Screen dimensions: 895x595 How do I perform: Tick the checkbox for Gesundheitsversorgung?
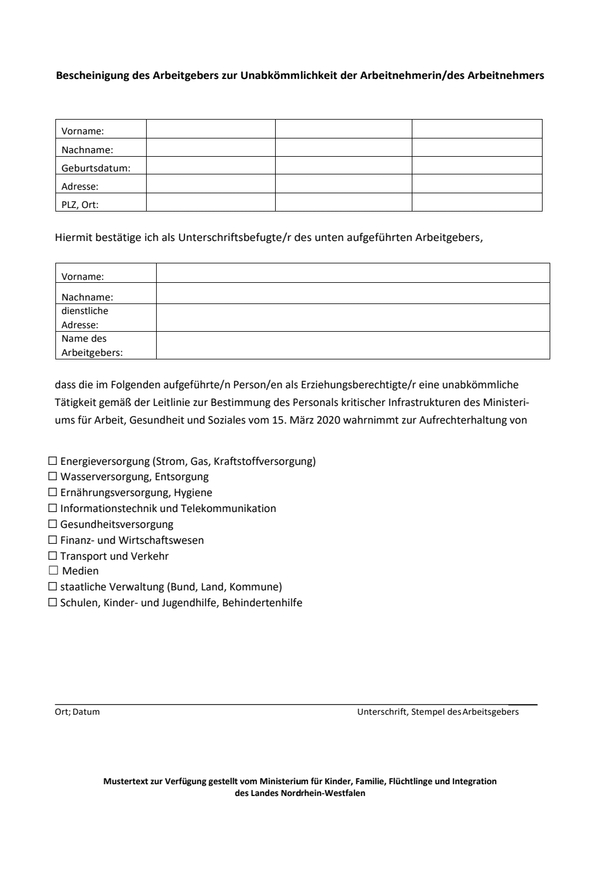pos(52,524)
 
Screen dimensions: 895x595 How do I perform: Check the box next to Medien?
pos(52,571)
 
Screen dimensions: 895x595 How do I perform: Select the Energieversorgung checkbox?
pos(52,461)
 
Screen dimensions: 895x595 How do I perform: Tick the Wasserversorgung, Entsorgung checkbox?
pos(52,477)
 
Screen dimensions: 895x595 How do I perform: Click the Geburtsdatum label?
pos(95,169)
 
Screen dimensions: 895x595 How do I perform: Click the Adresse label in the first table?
pos(80,187)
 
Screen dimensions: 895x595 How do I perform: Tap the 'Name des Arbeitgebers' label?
pos(91,346)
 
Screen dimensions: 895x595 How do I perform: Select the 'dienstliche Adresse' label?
pos(85,318)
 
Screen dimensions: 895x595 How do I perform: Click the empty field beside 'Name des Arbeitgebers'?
pos(352,346)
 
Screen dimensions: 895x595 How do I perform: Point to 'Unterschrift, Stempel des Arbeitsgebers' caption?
pos(438,712)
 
